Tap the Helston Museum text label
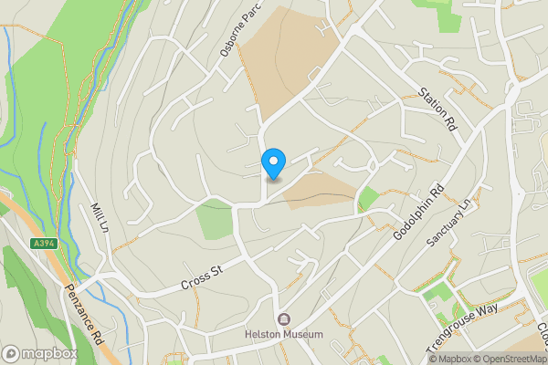coord(284,335)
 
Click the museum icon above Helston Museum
coord(284,319)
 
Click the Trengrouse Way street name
coord(462,328)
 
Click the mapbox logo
coord(40,353)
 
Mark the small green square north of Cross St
coord(214,221)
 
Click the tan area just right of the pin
coord(320,190)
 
